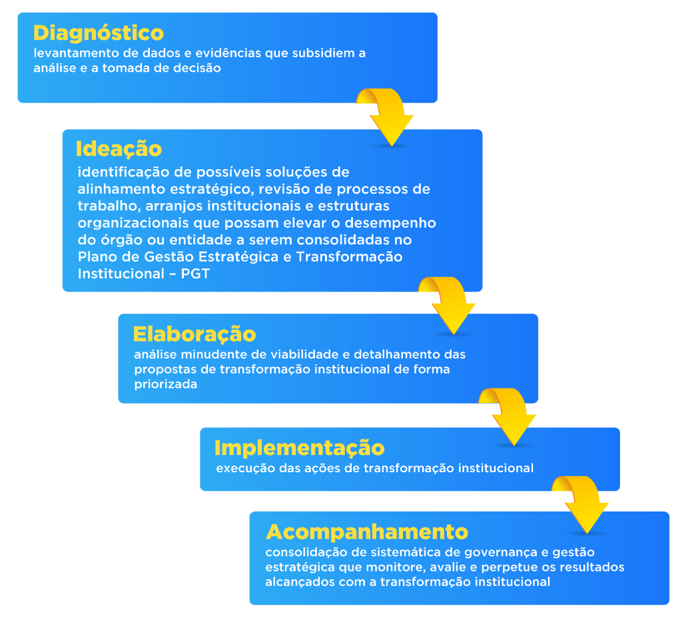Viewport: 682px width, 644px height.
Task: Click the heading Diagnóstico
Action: pos(99,33)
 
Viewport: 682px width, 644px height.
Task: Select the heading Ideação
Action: pos(119,149)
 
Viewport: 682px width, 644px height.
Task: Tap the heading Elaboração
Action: pos(194,334)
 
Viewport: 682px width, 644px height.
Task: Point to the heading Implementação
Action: pos(300,447)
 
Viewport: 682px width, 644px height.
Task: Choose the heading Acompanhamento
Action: pos(367,532)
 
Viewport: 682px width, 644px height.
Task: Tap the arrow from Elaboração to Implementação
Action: pos(509,416)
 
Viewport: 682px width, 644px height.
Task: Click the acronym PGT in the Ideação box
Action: pos(195,273)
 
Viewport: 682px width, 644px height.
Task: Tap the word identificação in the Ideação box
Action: pos(117,172)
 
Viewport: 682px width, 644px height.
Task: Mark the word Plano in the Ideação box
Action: pos(96,256)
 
